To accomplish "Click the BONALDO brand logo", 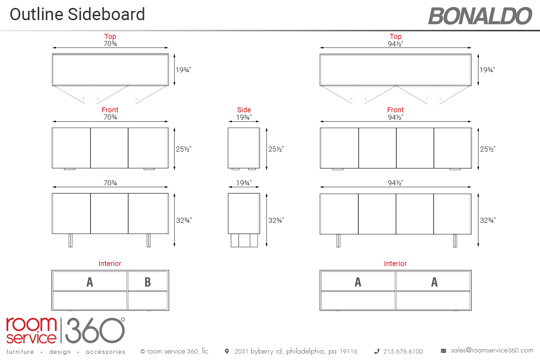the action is click(480, 16).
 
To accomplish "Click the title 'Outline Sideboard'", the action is click(77, 14).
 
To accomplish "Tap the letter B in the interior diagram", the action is click(148, 282).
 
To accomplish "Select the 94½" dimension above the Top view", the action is click(395, 44).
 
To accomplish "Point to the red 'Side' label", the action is click(244, 110).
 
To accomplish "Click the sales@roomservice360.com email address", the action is click(492, 350).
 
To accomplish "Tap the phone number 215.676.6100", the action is click(403, 351).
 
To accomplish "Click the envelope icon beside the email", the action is click(443, 351).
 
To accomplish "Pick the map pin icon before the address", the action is click(226, 351).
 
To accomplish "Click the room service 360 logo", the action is click(65, 330).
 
